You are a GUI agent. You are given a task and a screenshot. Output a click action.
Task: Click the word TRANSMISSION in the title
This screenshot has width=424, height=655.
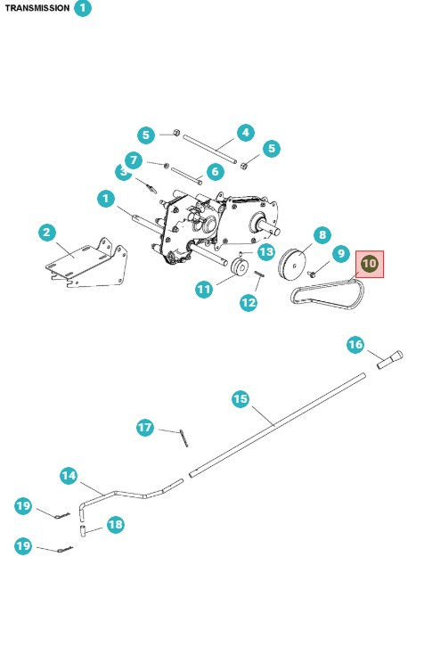point(37,8)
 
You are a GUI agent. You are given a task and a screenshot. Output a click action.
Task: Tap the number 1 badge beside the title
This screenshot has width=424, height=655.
point(83,8)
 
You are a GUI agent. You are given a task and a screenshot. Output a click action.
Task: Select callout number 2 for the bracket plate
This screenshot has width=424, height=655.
point(47,233)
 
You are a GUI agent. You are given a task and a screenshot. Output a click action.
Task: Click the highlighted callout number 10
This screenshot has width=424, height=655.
point(370,264)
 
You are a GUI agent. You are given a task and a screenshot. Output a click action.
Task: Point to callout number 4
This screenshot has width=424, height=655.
point(246,133)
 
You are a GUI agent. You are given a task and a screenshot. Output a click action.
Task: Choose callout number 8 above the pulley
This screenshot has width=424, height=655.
point(322,234)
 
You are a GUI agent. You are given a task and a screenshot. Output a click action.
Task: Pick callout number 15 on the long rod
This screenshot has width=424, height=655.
point(241,398)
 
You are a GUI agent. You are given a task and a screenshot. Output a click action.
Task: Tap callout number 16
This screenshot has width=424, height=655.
point(355,344)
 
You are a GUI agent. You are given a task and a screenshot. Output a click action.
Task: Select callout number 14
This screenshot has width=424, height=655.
point(69,476)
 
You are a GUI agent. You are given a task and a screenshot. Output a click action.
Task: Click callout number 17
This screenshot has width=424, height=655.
point(146,428)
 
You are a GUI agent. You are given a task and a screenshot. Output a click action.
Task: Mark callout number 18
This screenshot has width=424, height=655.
point(115,525)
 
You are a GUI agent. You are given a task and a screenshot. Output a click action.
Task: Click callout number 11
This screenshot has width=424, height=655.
point(204,288)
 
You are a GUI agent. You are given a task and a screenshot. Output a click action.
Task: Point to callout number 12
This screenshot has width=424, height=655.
point(249,302)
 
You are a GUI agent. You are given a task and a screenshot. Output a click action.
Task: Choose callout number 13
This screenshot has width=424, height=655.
point(266,252)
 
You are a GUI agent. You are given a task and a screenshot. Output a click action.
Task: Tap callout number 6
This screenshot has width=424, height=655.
point(215,171)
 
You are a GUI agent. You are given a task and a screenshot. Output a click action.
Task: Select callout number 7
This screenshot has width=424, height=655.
point(134,160)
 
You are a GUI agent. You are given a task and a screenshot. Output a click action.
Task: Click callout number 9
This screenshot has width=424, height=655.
point(339,254)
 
